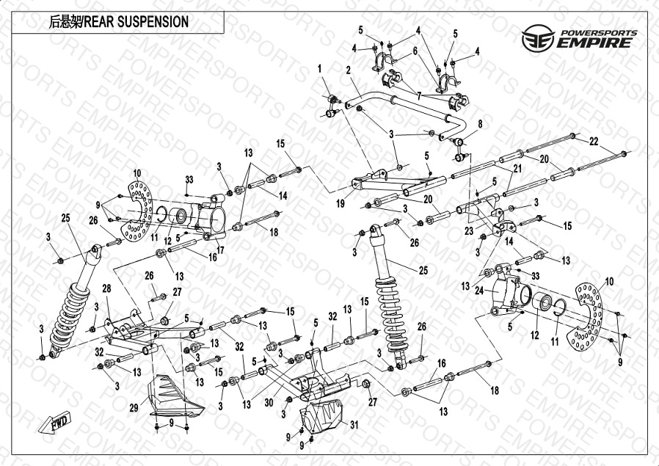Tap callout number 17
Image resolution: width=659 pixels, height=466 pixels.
pyautogui.click(x=221, y=250)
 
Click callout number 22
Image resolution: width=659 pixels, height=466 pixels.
pyautogui.click(x=594, y=141)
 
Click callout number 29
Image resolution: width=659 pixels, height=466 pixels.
pyautogui.click(x=135, y=407)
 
